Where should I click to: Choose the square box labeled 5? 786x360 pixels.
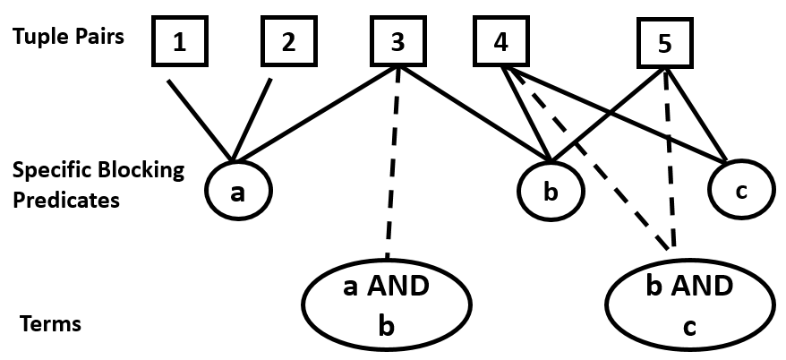[x=663, y=45]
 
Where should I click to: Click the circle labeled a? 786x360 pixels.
[x=236, y=192]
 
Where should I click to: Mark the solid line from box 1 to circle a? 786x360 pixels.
[x=198, y=116]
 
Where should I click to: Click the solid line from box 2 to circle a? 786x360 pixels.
[x=252, y=116]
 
